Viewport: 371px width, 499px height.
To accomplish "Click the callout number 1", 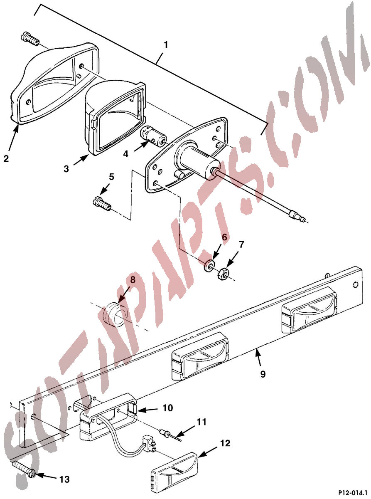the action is pos(166,45).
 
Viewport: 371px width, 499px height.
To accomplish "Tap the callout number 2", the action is pos(6,159).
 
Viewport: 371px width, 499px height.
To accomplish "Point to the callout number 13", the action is pos(64,479).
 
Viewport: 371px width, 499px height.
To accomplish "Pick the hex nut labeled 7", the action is pos(223,275).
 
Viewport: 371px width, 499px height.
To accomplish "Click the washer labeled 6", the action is pos(209,265).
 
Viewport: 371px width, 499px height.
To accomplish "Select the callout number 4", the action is pos(126,154).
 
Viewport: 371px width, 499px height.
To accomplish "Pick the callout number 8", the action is pos(133,280).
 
